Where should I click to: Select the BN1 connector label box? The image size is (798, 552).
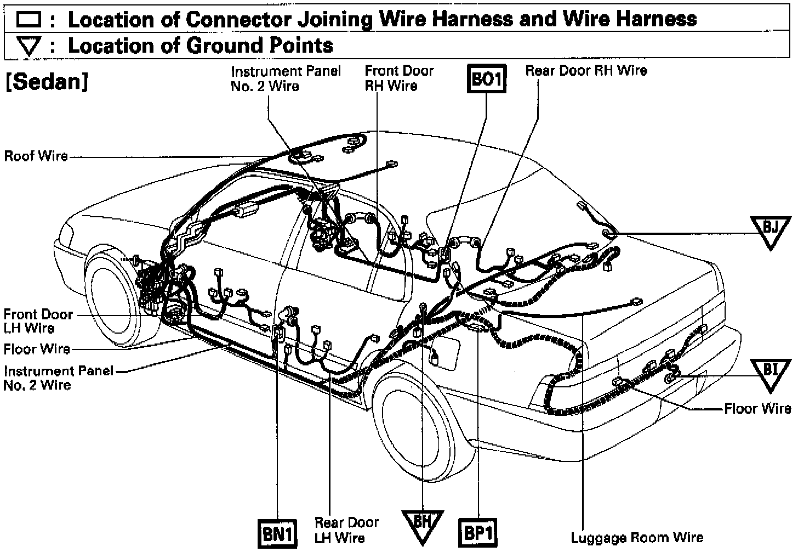277,533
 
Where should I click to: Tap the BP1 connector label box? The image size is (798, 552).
478,533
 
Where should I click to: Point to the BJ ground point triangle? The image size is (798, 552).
770,230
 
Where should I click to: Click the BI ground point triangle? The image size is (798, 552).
770,374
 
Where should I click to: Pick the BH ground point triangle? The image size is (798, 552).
422,524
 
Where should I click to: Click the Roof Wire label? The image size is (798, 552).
36,156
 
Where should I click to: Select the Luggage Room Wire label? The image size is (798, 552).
637,538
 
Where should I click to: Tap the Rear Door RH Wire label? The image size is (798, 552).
586,71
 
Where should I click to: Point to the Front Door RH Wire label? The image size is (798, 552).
398,78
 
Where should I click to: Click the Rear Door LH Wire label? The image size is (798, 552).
346,530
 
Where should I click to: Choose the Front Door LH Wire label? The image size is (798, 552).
37,322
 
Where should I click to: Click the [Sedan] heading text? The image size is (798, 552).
47,82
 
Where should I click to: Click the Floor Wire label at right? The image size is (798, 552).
757,409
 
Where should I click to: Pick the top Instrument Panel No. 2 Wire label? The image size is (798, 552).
286,78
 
